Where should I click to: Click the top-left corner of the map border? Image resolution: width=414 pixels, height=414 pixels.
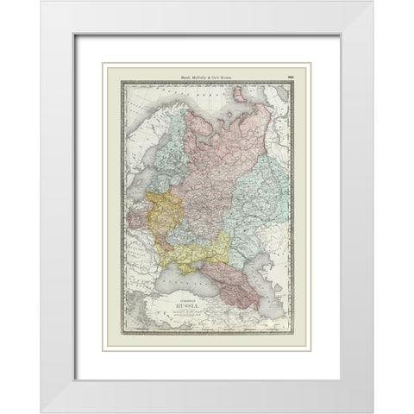click(123, 83)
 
